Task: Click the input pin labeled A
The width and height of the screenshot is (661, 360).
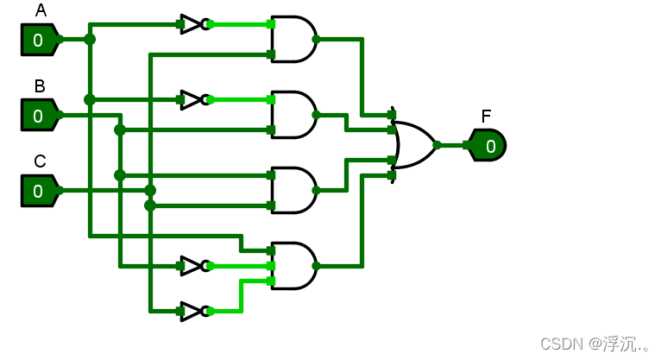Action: (x=39, y=39)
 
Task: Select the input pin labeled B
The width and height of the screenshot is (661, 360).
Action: (x=39, y=115)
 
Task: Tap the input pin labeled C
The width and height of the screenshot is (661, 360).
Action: (x=39, y=191)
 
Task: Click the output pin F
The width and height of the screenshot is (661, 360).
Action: (x=488, y=146)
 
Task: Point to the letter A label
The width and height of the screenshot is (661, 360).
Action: (x=41, y=11)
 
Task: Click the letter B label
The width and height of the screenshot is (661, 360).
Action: (x=40, y=86)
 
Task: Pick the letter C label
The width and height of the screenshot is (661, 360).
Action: (x=40, y=161)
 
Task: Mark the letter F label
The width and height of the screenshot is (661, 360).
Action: (x=486, y=117)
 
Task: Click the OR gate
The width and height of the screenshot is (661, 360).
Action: (x=412, y=145)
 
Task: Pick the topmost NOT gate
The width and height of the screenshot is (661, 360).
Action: (x=193, y=24)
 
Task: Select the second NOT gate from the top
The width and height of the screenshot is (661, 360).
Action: (x=193, y=99)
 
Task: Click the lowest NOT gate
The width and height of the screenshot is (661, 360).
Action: (x=193, y=311)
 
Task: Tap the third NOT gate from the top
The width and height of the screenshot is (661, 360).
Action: (x=193, y=265)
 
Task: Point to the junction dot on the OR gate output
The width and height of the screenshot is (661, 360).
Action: (x=438, y=145)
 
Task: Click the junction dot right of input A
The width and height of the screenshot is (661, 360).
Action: (x=90, y=39)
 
